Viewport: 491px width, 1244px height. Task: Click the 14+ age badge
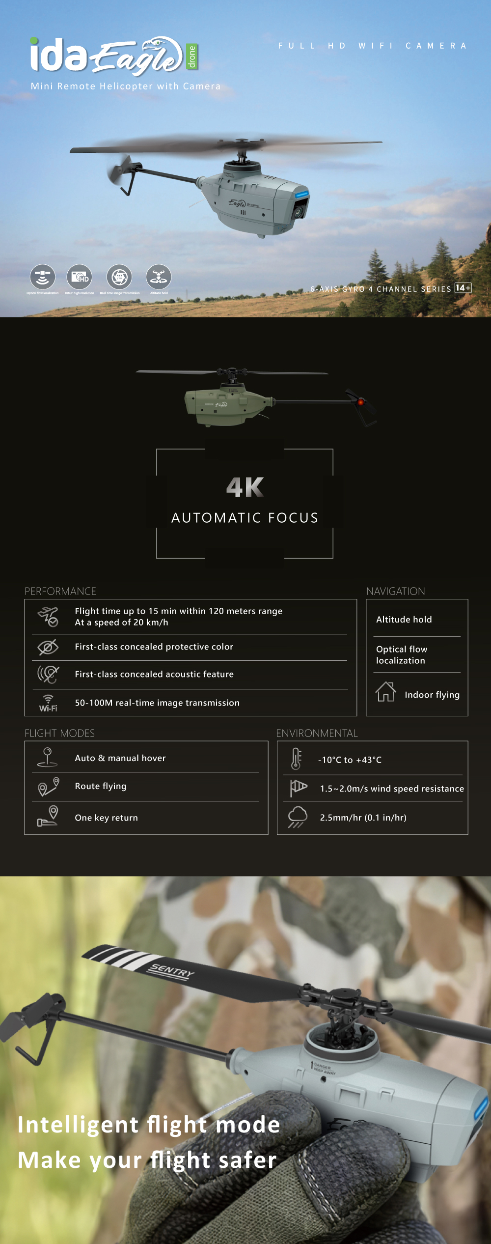tap(463, 288)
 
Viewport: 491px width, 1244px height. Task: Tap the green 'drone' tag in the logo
tap(191, 57)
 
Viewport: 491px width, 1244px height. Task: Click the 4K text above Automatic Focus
tap(245, 487)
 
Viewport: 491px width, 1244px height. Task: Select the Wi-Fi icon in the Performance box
tap(48, 703)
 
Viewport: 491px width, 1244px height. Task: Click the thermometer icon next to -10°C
tap(296, 759)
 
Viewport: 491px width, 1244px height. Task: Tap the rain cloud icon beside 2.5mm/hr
tap(298, 817)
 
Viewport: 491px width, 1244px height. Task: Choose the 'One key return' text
tap(106, 818)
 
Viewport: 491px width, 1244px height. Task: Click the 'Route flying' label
tap(101, 786)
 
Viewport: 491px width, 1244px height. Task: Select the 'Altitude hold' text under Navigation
tap(404, 620)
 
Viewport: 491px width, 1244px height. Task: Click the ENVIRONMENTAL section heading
tap(317, 733)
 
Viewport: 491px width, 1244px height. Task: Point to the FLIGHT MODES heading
tap(59, 733)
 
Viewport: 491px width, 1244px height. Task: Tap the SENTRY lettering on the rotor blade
tap(172, 970)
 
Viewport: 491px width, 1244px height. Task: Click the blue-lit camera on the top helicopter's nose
tap(300, 209)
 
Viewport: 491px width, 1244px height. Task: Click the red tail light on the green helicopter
tap(361, 402)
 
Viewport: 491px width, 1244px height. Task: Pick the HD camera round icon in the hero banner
tap(80, 277)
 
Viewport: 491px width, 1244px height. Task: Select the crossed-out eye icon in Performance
tap(48, 647)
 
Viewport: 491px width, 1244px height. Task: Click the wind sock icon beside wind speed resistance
tap(298, 788)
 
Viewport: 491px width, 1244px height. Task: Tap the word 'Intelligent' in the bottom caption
tap(78, 1125)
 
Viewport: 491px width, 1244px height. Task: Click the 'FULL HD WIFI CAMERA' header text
tap(372, 46)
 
